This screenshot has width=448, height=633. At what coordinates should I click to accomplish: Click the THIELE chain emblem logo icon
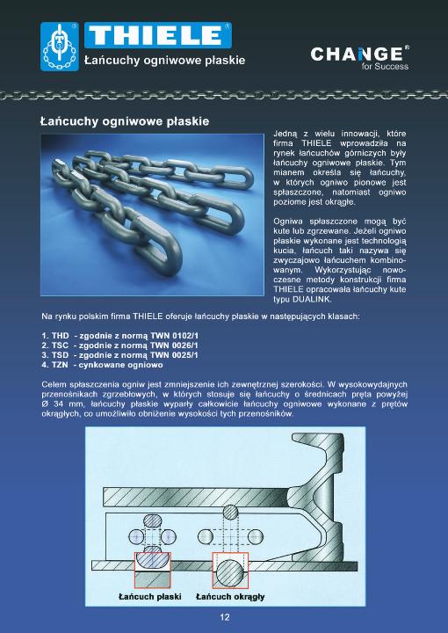[x=60, y=47]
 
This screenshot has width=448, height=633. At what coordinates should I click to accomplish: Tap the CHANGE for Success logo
[x=359, y=58]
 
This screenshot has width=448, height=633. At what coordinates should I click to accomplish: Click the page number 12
[x=225, y=617]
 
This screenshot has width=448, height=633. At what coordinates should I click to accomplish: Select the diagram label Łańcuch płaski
[x=149, y=596]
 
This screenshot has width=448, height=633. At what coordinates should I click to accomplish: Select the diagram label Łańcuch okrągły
[x=230, y=596]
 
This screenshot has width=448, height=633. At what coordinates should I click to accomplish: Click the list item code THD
[x=60, y=336]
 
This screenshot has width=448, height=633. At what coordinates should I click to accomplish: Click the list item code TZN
[x=60, y=365]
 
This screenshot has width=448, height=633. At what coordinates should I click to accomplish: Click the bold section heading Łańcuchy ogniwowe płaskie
[x=125, y=121]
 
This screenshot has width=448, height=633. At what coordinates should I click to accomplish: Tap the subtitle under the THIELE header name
[x=164, y=61]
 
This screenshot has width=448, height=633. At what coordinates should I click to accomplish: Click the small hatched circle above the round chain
[x=230, y=512]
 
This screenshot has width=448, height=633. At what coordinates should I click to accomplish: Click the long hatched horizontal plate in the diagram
[x=198, y=497]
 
